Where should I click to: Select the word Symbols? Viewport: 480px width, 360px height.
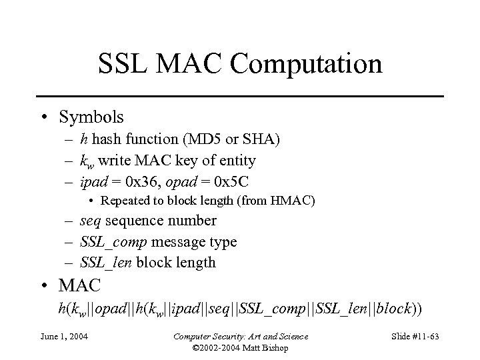pos(91,117)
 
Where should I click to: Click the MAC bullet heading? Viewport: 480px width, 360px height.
pos(79,287)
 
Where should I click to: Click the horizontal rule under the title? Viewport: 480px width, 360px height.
pos(240,97)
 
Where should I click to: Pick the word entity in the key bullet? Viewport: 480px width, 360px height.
pos(237,160)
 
